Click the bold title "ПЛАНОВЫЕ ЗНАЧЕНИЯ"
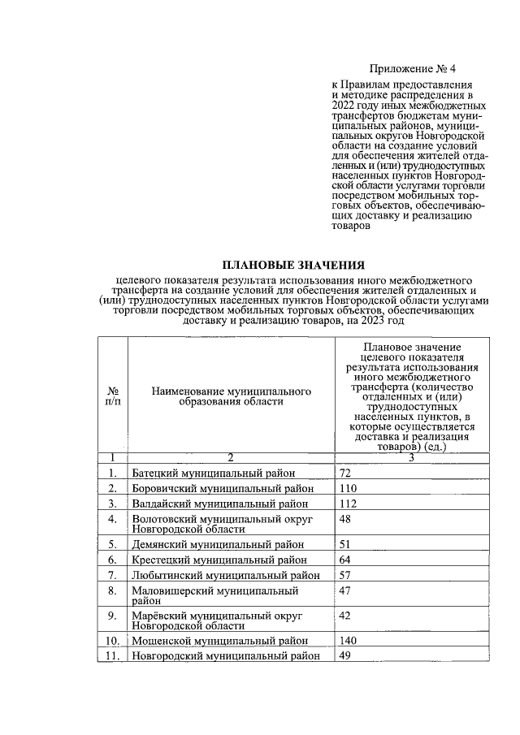(294, 266)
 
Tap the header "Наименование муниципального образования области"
(232, 396)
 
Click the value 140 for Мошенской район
(349, 641)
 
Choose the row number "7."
(114, 574)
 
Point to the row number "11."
(113, 656)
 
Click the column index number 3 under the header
(411, 457)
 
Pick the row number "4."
(114, 518)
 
